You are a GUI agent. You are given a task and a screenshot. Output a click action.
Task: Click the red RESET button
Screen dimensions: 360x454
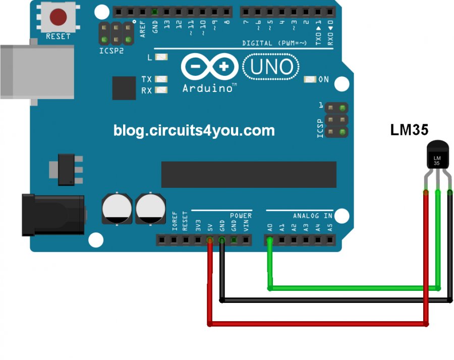[x=58, y=17]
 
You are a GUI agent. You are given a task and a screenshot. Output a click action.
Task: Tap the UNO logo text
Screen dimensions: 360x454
[x=271, y=67]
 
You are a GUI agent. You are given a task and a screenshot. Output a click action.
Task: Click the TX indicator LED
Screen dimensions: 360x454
[x=161, y=79]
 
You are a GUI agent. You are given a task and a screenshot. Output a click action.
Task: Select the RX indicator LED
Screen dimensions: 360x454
[x=161, y=90]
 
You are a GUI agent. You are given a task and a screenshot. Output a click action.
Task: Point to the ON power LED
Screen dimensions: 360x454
[x=310, y=79]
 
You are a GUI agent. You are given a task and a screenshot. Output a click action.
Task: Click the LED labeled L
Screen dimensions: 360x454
[x=161, y=57]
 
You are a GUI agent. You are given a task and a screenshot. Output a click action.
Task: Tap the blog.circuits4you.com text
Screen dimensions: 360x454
[x=194, y=131]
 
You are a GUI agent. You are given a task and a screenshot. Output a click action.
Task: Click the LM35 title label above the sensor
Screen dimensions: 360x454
[x=409, y=130]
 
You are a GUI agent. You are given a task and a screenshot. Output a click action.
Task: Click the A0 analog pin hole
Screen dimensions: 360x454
[x=270, y=240]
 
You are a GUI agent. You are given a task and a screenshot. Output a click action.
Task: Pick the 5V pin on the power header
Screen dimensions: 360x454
[x=210, y=240]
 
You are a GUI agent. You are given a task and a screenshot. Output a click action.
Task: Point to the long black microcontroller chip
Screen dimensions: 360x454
[x=248, y=174]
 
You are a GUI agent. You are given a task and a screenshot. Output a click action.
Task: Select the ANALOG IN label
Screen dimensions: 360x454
[x=313, y=216]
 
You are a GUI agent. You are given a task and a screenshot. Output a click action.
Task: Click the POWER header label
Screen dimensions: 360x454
[x=241, y=216]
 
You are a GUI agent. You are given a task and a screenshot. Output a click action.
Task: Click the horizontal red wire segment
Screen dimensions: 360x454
[x=318, y=323]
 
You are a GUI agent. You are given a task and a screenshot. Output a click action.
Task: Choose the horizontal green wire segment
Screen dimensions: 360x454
[x=353, y=288]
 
